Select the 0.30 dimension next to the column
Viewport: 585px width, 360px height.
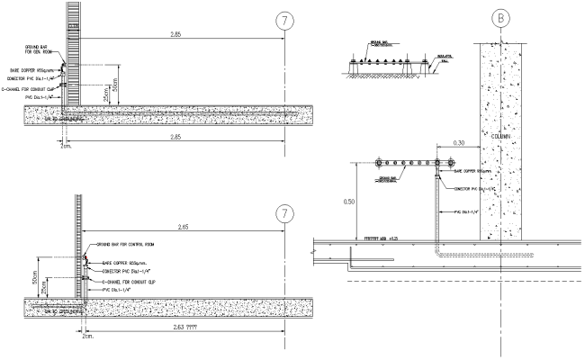[459, 142]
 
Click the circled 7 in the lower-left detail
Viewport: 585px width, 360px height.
[285, 213]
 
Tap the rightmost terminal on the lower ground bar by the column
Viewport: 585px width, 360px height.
[442, 163]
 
